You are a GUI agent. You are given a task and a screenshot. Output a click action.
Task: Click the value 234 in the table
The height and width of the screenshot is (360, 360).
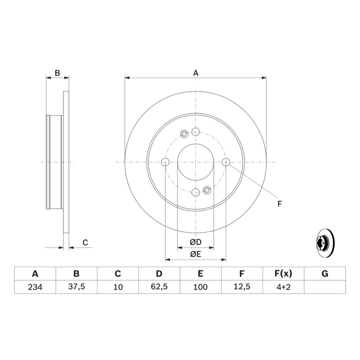point(35,287)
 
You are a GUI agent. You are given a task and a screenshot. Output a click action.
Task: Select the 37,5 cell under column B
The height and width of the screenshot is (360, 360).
point(76,287)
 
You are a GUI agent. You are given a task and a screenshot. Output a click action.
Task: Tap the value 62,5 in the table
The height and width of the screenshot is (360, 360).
point(159,287)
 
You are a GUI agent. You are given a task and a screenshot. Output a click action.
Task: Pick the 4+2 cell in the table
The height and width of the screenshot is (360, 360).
point(283,287)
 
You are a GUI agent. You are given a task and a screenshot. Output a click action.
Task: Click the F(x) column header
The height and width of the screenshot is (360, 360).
point(283,274)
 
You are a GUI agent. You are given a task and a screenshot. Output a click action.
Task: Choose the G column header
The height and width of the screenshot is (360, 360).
point(325,274)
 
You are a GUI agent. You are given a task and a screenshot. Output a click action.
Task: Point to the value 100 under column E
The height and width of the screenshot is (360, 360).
point(200,287)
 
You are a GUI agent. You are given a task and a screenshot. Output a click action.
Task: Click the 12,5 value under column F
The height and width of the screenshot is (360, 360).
point(242,287)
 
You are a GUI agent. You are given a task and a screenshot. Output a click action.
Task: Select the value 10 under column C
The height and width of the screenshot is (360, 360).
point(118,287)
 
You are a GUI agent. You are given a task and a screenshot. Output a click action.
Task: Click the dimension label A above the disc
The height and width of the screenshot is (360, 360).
point(196,73)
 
